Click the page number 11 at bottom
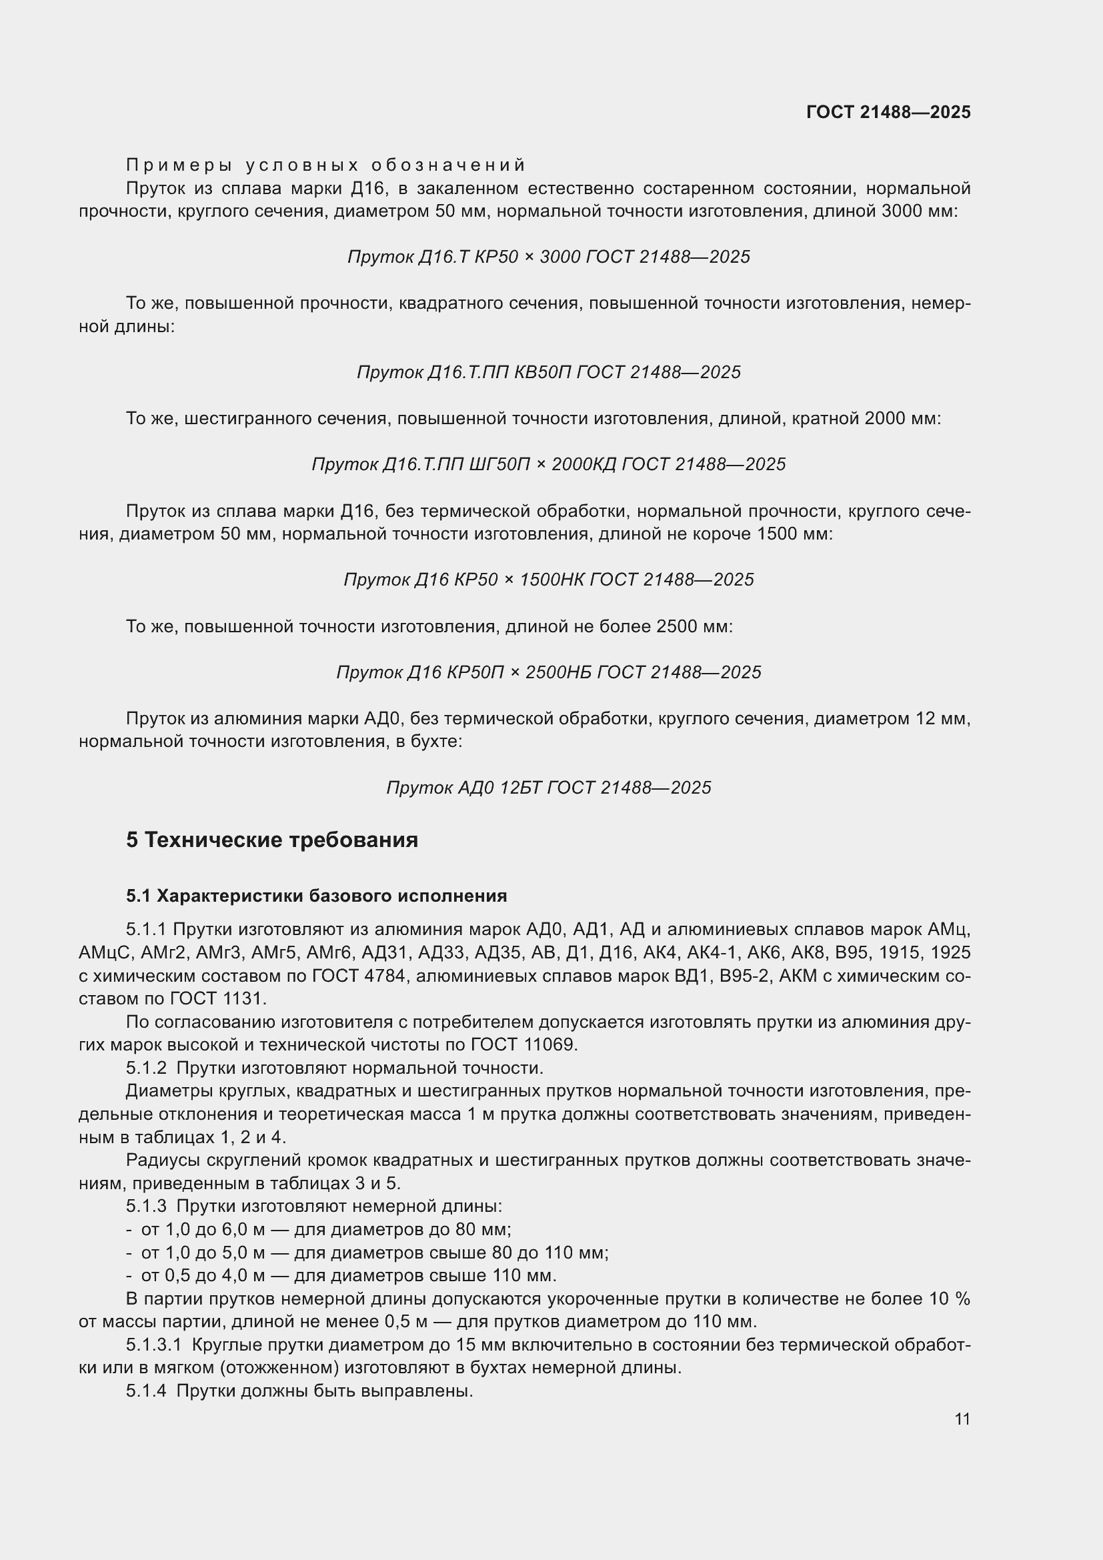(962, 1419)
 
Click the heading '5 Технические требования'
(271, 840)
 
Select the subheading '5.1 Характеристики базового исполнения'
(317, 896)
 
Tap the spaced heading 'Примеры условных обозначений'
(326, 165)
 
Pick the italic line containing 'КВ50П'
(548, 372)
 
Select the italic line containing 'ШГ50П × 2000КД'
(548, 465)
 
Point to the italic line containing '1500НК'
(548, 580)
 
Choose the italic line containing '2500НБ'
(548, 673)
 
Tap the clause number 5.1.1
(146, 930)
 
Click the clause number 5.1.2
(146, 1068)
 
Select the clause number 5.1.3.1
(155, 1345)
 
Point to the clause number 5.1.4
(146, 1391)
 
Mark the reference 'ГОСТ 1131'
(219, 999)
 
